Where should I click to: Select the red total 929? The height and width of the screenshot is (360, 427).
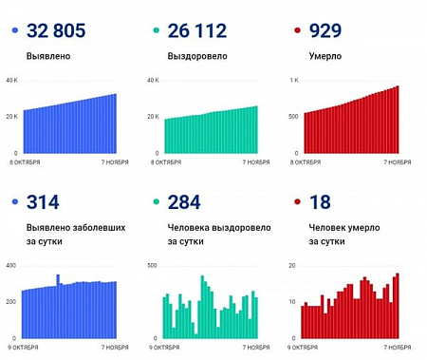325,31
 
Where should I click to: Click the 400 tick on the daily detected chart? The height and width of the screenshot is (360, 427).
11,265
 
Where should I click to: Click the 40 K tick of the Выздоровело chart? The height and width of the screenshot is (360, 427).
152,81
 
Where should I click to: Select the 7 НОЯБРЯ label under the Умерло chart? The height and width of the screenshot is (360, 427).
397,162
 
